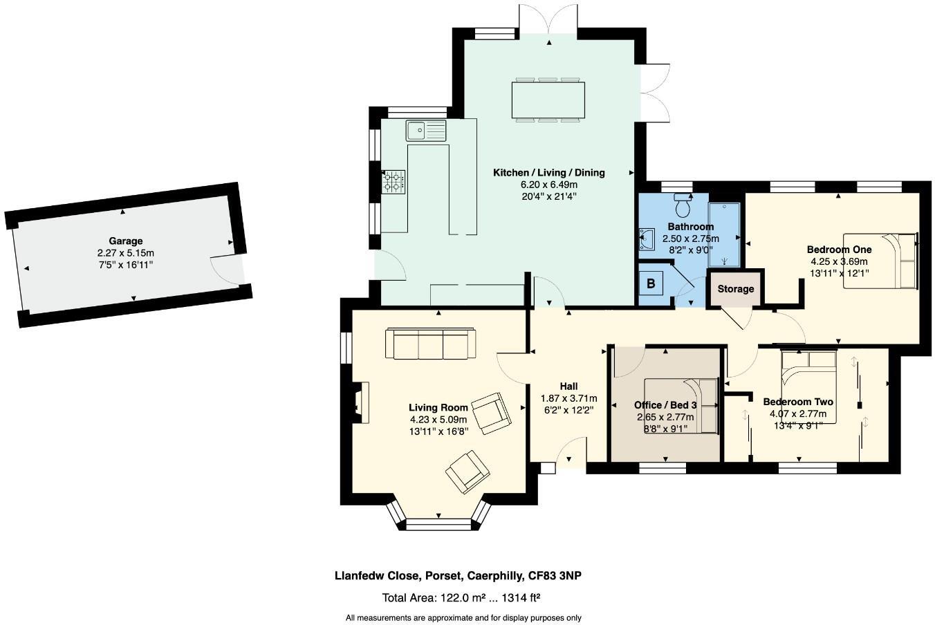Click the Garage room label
click(x=125, y=241)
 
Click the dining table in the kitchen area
click(x=548, y=101)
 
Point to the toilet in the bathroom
click(x=684, y=205)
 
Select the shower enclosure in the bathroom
click(x=724, y=234)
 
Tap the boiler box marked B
click(x=651, y=283)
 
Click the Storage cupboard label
click(x=735, y=289)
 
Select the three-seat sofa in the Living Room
click(x=430, y=344)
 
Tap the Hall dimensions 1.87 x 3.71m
click(x=568, y=398)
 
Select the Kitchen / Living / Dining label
click(x=548, y=173)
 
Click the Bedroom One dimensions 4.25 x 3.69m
click(x=839, y=261)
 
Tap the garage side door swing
click(x=225, y=270)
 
